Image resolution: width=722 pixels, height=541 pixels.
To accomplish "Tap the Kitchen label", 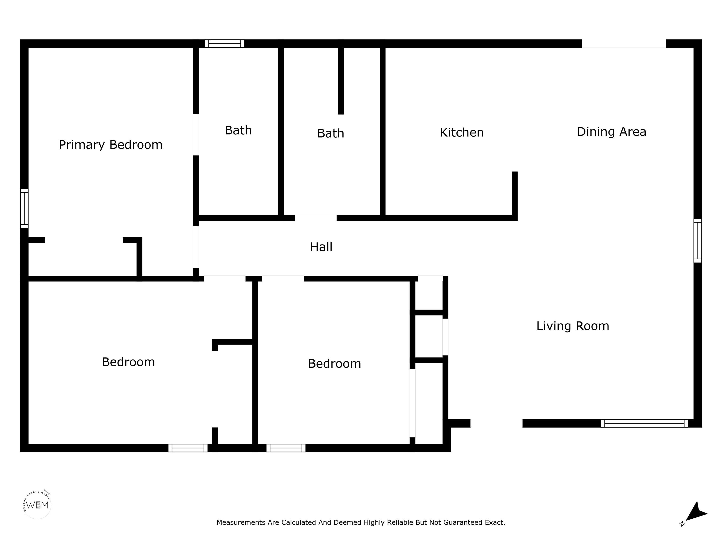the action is click(x=462, y=132).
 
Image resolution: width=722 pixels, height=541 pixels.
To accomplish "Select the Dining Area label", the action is click(x=611, y=132).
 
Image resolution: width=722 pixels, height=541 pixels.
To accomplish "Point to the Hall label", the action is click(x=321, y=247).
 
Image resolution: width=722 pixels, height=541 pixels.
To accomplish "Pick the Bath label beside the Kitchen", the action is click(x=331, y=133).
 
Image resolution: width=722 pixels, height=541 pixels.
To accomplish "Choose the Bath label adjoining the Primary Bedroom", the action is click(x=238, y=130).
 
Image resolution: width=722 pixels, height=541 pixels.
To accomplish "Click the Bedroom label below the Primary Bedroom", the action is click(x=128, y=362).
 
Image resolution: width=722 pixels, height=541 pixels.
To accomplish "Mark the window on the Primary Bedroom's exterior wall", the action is click(x=24, y=208).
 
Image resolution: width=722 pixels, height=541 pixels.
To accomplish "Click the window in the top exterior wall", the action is click(x=224, y=44).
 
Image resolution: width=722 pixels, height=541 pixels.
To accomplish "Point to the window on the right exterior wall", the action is click(x=698, y=241).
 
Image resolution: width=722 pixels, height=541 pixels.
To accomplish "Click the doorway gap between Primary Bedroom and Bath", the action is click(x=196, y=134).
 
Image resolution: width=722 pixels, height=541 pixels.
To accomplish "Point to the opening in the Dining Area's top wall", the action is click(x=624, y=44).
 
